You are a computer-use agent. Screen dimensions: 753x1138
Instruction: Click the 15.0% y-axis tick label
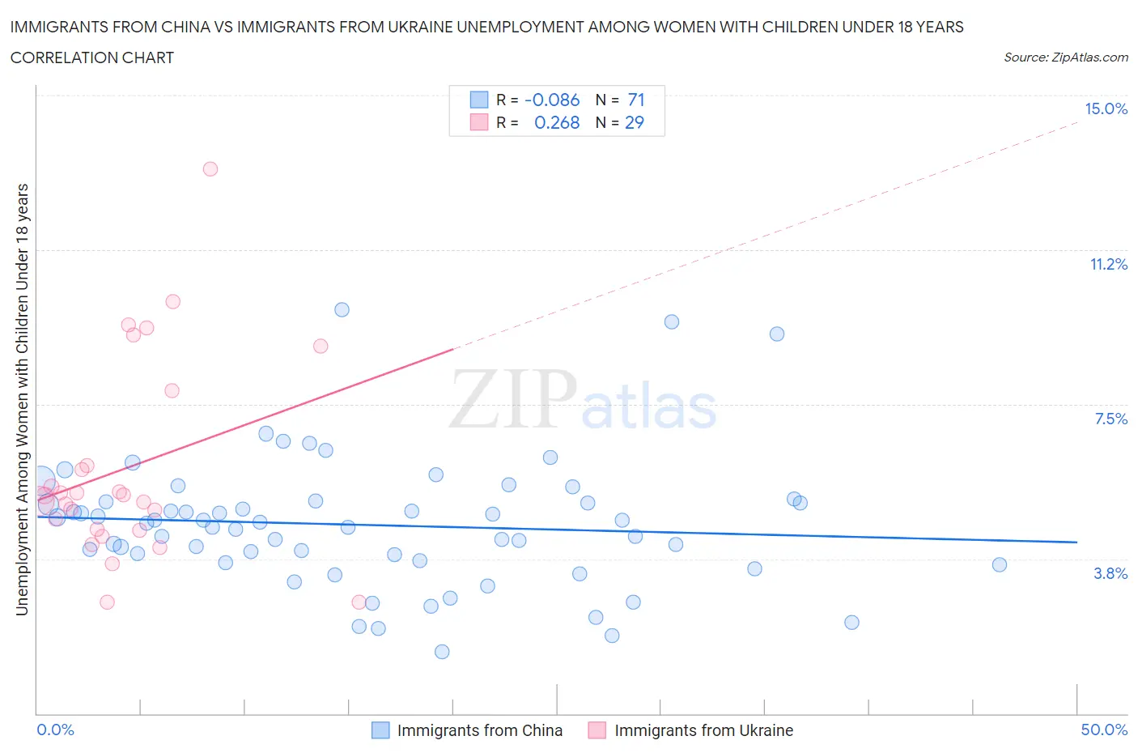coord(1106,109)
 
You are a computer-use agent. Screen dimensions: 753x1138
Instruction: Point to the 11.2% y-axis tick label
coord(1108,265)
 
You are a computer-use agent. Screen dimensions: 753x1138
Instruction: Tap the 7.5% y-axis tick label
coord(1110,419)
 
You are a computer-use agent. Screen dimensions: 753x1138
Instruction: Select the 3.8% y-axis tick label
coord(1110,574)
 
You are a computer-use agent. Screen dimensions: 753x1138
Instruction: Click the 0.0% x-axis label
coord(55,730)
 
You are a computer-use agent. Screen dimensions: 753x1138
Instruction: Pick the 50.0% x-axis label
coord(1104,730)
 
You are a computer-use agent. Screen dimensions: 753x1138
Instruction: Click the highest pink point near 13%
coord(210,169)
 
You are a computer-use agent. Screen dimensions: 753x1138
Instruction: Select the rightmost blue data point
coord(1000,565)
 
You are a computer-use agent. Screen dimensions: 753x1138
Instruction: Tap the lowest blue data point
coord(442,652)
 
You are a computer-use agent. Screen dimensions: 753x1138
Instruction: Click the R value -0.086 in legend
coord(552,100)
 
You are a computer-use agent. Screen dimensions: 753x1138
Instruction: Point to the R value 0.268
coord(557,123)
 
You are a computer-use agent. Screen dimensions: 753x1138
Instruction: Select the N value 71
coord(636,100)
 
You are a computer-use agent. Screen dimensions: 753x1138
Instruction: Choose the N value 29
coord(635,123)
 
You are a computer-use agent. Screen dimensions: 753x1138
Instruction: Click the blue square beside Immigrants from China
coord(380,730)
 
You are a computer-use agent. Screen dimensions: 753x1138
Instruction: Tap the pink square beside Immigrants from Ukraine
coord(597,730)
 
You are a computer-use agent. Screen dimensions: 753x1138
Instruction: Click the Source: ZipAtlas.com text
coord(1065,57)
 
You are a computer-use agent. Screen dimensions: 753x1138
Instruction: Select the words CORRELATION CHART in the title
coord(92,58)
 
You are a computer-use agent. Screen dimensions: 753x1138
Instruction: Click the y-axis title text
coord(22,399)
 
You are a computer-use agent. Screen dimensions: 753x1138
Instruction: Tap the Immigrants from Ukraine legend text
coord(703,730)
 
